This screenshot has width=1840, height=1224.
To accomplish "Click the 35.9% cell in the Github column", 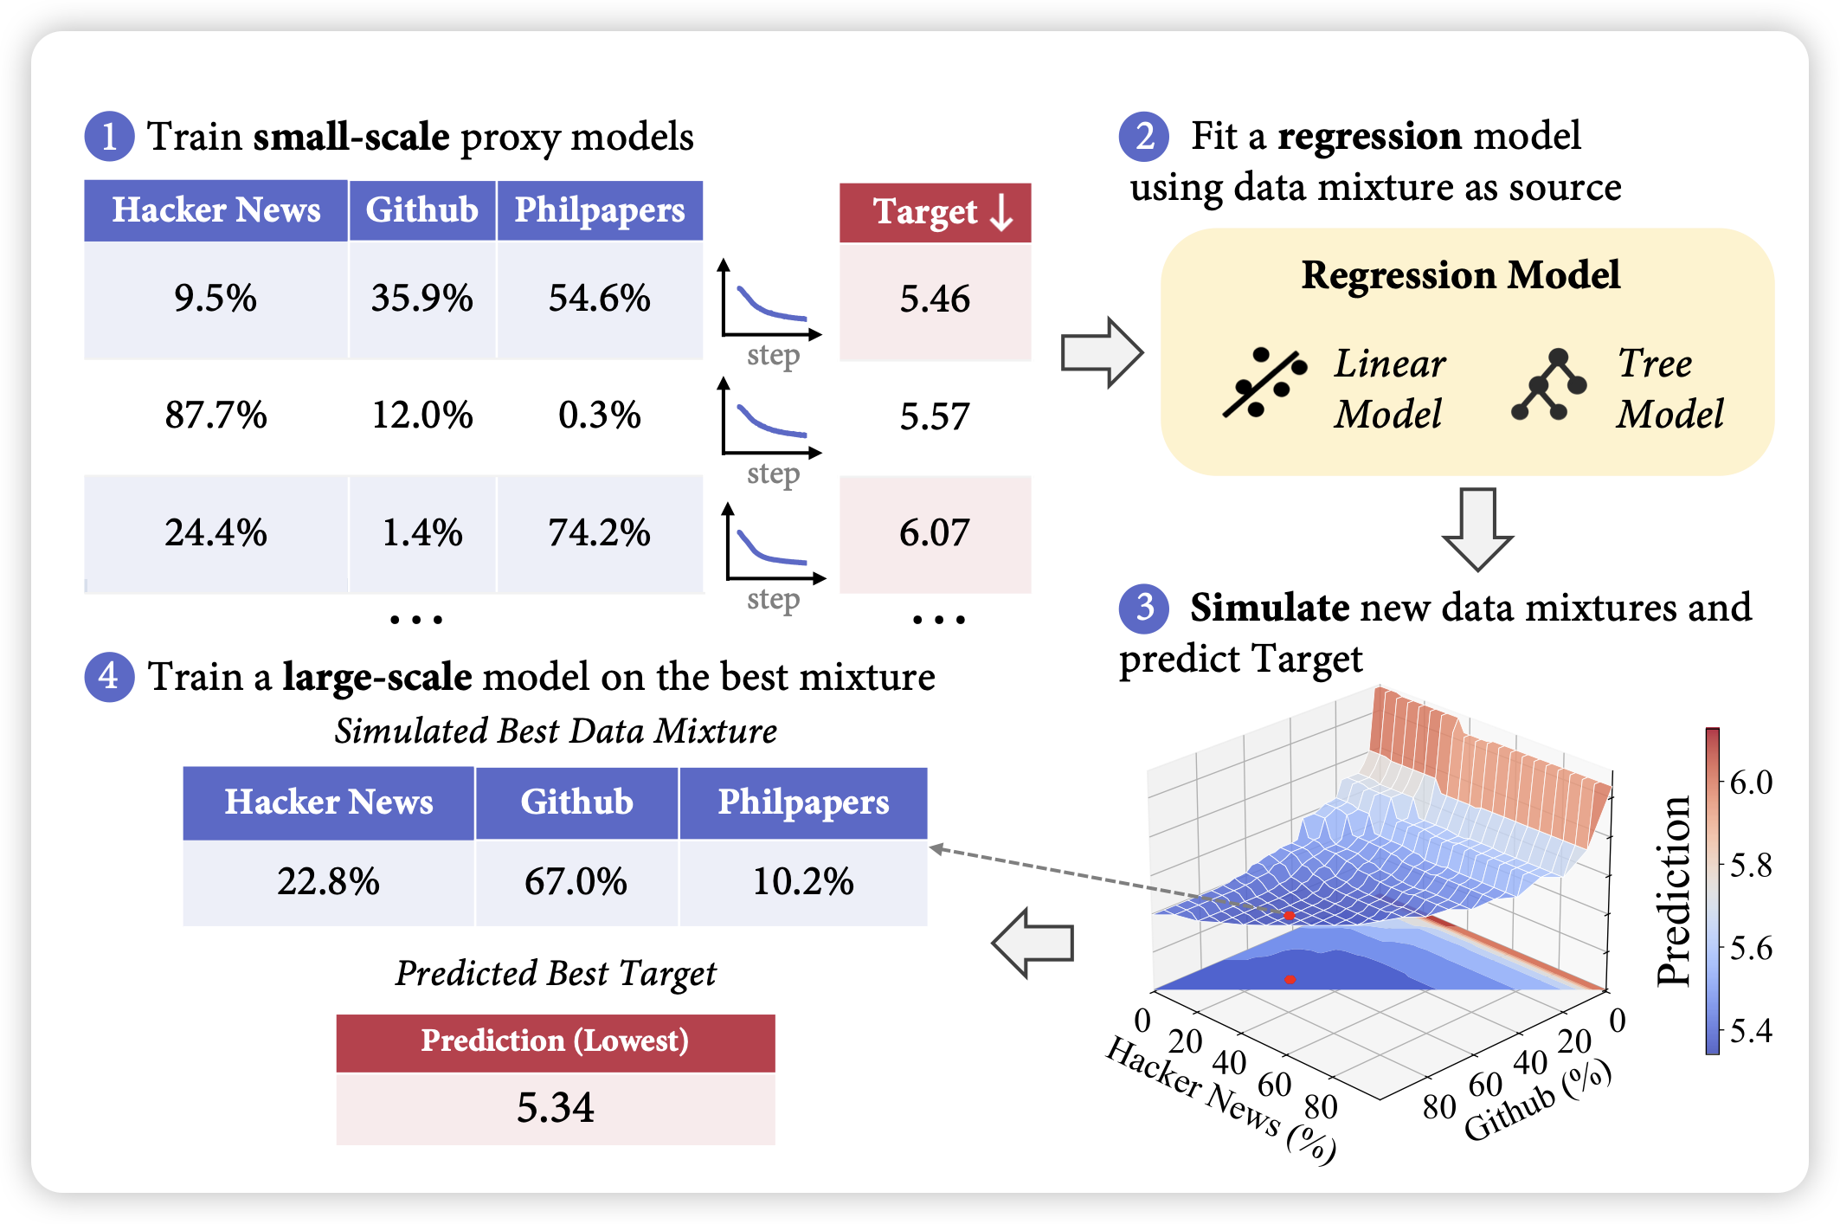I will (x=422, y=299).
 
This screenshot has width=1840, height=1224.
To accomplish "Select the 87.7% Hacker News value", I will (x=216, y=416).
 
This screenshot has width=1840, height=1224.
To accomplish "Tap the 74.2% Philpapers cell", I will (x=599, y=532).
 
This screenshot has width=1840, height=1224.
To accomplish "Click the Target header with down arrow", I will (x=936, y=212).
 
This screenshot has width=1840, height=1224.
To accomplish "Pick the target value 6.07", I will (x=935, y=532).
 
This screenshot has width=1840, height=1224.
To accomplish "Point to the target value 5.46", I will (x=935, y=300).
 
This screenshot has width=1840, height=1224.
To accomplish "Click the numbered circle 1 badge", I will (x=109, y=137).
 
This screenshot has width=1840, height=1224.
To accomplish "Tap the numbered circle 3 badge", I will (x=1144, y=608).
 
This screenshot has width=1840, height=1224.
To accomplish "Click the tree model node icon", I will (x=1549, y=384).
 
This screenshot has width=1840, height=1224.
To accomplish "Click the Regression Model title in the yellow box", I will (x=1461, y=275).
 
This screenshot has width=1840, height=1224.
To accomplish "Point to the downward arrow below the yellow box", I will (x=1477, y=528).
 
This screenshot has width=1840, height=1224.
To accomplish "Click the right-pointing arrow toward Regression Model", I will (x=1102, y=353).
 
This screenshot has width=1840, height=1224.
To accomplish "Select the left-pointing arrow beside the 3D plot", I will (x=1033, y=943).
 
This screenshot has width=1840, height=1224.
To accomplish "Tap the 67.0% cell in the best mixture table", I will (x=576, y=882).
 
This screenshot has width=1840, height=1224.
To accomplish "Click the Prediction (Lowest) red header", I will (x=555, y=1041).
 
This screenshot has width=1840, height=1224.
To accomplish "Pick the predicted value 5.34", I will (x=555, y=1108).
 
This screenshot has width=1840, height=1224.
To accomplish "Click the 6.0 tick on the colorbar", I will (x=1750, y=783).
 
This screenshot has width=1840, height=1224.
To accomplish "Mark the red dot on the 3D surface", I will (x=1289, y=915).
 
